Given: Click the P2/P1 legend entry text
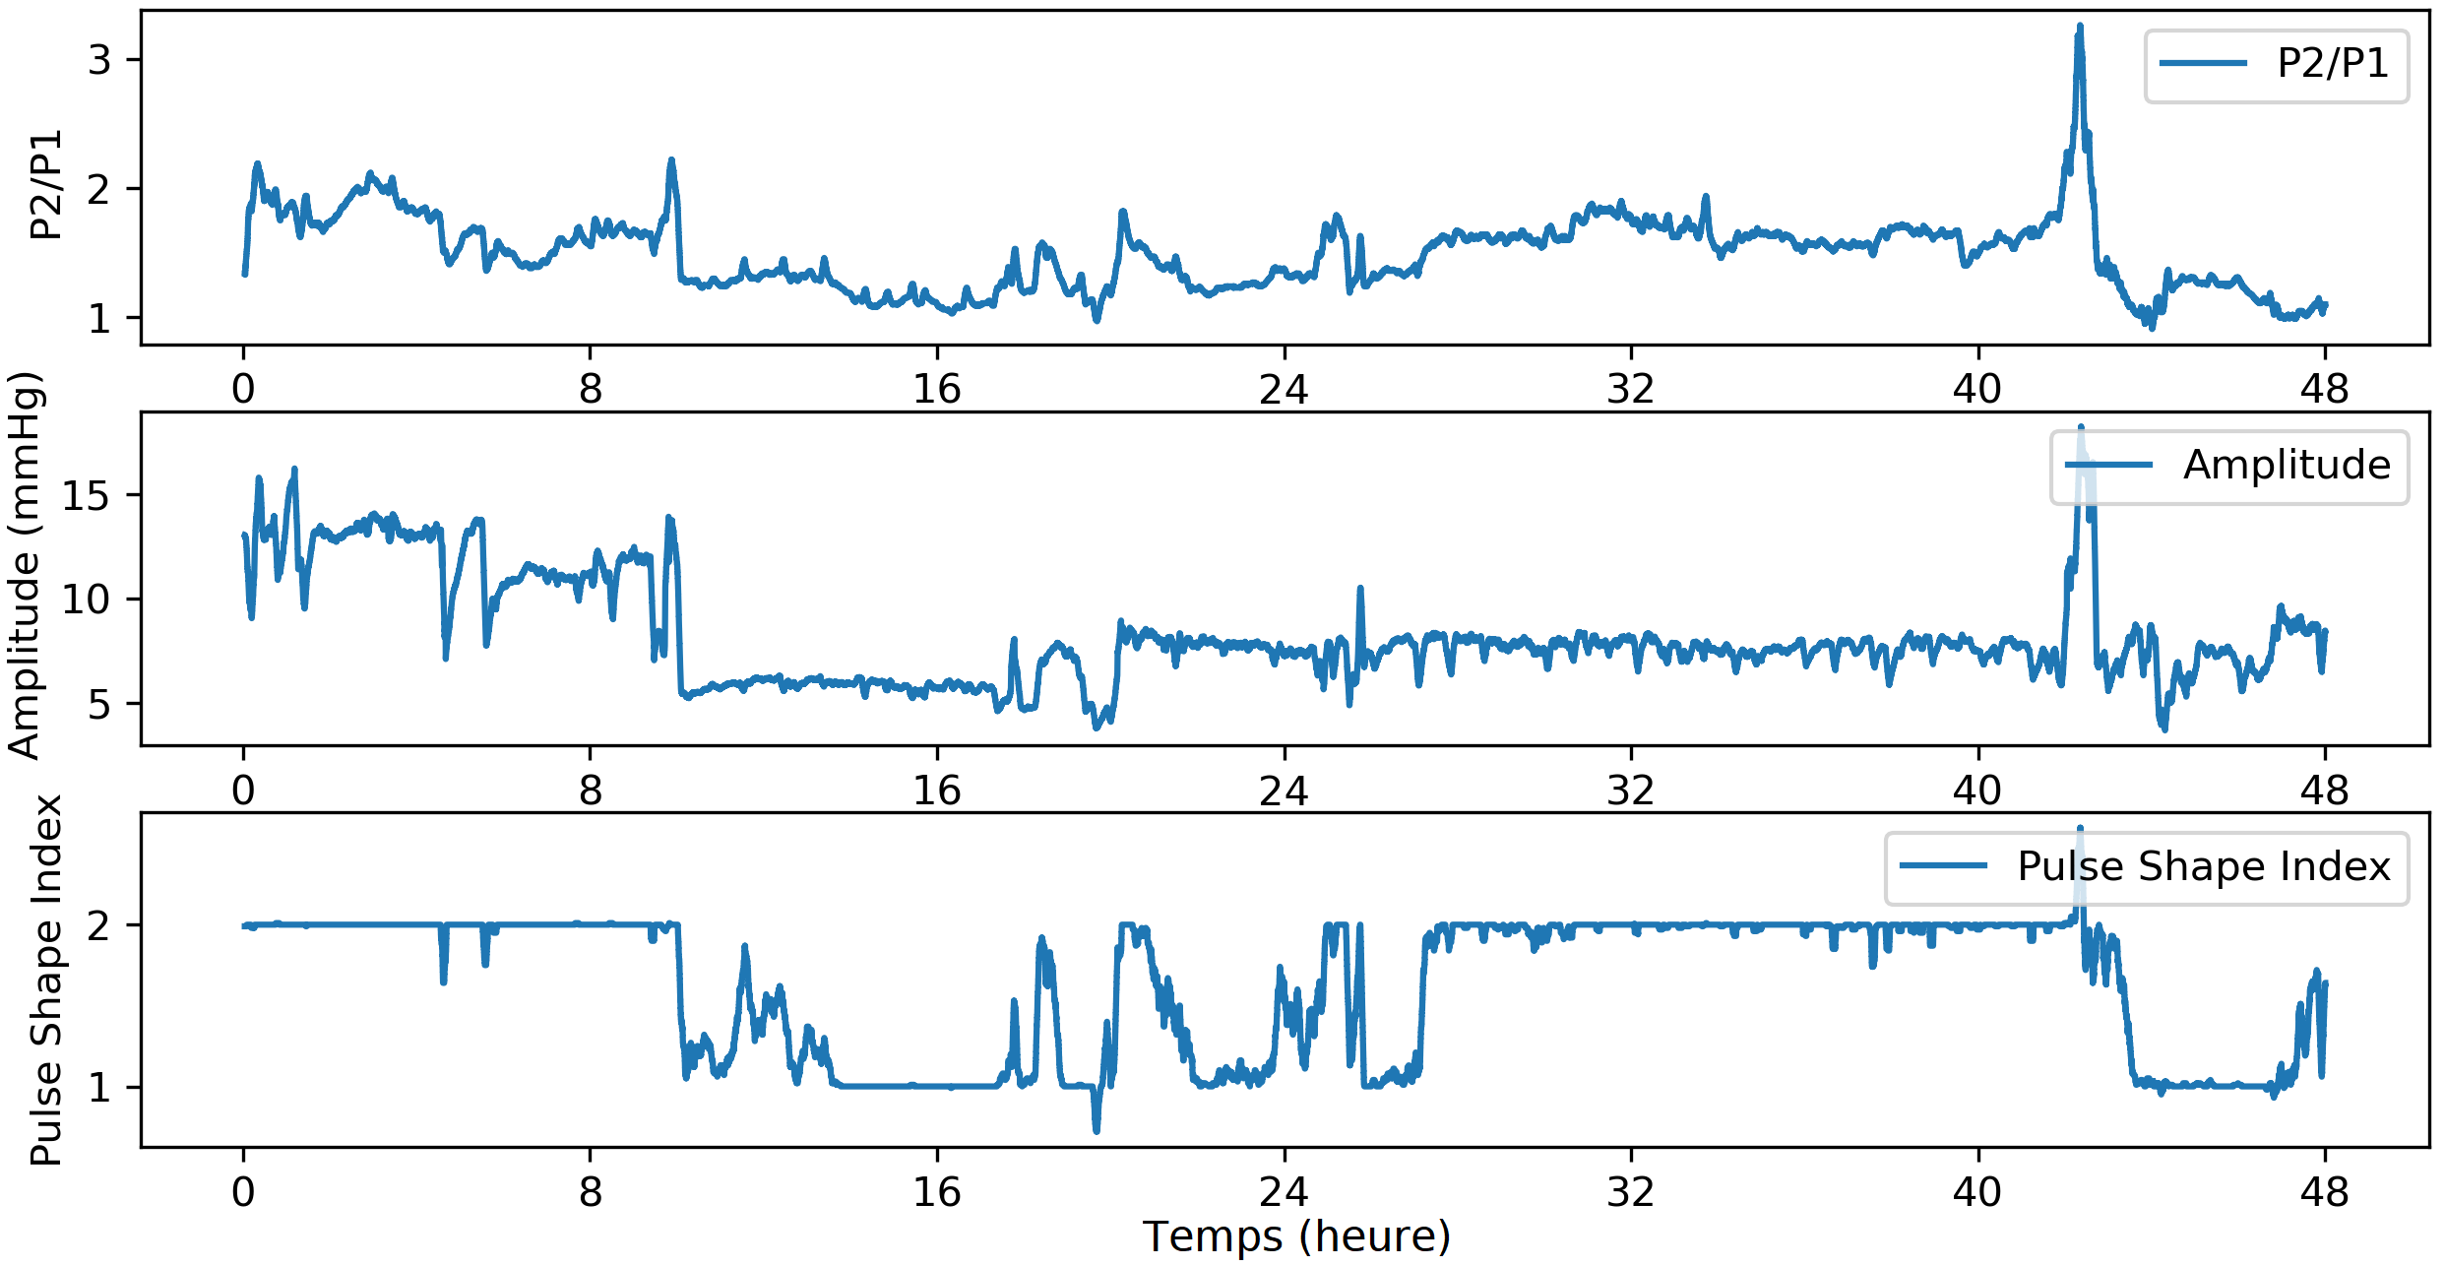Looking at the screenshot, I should [x=2332, y=64].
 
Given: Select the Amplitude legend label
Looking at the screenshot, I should [x=2287, y=465].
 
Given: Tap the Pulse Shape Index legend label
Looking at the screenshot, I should [x=2203, y=866].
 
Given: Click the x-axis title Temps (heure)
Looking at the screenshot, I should [x=1296, y=1236].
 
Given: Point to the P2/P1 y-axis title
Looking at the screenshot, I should [x=45, y=185].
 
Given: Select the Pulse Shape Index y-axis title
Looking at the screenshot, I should [x=45, y=981].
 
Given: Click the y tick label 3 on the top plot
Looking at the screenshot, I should [x=99, y=61].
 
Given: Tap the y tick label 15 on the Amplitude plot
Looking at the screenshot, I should [x=87, y=495].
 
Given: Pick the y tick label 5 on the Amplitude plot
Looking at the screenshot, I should [x=99, y=705].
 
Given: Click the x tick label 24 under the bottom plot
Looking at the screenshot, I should [x=1284, y=1192].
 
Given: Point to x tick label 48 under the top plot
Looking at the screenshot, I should [x=2324, y=390].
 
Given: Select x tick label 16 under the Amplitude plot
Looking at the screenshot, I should [x=936, y=791].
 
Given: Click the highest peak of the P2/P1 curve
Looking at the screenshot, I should [x=2080, y=27].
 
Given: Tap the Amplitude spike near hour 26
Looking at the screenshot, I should [x=1360, y=589].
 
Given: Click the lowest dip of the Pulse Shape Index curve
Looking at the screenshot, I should [x=1097, y=1131].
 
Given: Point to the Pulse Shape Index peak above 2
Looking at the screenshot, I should [x=2080, y=828].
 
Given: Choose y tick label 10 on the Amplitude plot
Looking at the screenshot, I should [x=87, y=600].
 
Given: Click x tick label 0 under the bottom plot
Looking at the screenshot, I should [x=243, y=1192].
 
